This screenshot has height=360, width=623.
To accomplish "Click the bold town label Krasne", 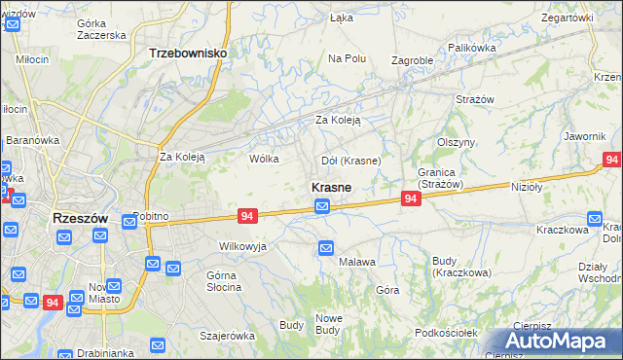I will click(331, 186).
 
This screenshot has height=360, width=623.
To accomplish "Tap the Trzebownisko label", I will click(188, 55).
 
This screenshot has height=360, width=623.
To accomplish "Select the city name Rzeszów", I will click(79, 219).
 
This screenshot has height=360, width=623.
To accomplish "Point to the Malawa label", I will click(356, 263).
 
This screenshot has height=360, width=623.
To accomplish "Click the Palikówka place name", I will click(472, 47).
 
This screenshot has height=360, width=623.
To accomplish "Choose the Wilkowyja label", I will click(242, 246).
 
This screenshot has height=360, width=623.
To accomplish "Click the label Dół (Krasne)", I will click(350, 160).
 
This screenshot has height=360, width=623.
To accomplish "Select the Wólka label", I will click(264, 159).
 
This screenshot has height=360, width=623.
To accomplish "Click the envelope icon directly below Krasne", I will click(322, 206).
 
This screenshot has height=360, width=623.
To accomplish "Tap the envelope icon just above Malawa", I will click(327, 250).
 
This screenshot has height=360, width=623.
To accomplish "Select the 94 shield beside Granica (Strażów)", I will click(411, 198).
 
